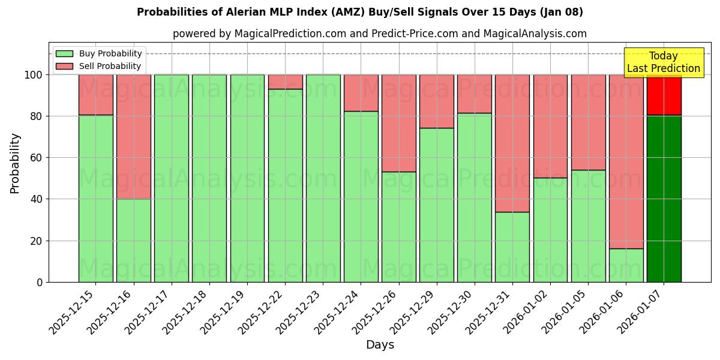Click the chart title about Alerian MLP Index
click(359, 12)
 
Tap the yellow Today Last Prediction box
click(663, 62)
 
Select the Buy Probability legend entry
click(110, 53)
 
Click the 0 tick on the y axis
click(40, 282)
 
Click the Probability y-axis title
click(15, 163)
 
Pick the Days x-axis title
click(380, 345)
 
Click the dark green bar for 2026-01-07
click(664, 198)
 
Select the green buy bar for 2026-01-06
click(626, 265)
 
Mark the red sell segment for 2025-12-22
click(285, 82)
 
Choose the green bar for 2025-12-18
click(209, 178)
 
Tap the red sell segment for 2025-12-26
click(398, 123)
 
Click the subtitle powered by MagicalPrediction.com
click(379, 34)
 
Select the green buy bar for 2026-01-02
click(550, 230)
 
